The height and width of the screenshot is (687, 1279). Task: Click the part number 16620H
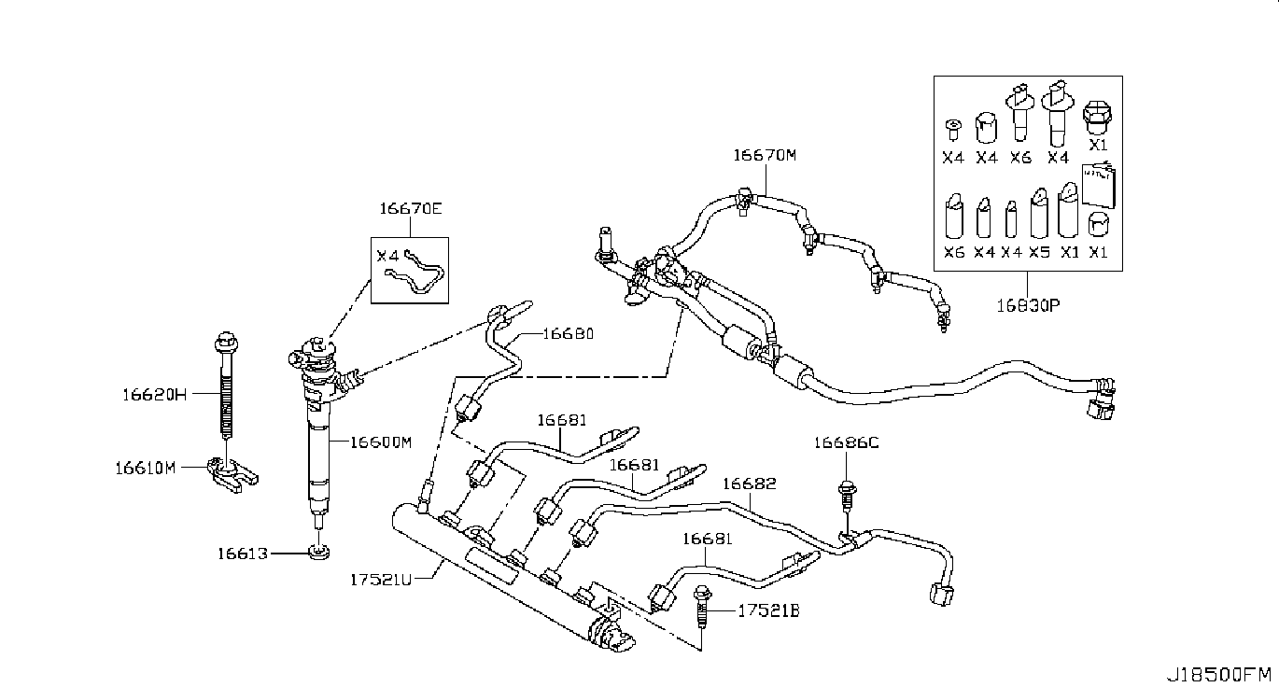point(155,395)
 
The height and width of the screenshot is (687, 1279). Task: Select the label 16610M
point(146,469)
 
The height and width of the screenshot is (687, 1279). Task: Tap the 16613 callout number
point(243,554)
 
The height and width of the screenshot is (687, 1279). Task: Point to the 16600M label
point(381,442)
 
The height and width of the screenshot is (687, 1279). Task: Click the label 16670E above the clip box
point(411,209)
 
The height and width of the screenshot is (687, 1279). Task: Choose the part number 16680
point(569,333)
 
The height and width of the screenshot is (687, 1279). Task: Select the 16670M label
point(765,155)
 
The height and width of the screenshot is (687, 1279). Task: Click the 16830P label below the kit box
point(1029,306)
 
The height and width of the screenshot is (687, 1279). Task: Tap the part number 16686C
point(846,442)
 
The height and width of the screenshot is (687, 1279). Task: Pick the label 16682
point(750,484)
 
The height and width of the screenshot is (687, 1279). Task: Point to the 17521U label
point(381,581)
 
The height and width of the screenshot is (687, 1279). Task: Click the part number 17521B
point(769,611)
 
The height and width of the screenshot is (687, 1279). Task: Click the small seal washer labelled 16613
point(319,553)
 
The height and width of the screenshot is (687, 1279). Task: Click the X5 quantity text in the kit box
point(1040,252)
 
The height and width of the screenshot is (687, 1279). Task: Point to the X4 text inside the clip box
point(387,255)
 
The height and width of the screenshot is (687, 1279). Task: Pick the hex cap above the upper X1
point(1097,119)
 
